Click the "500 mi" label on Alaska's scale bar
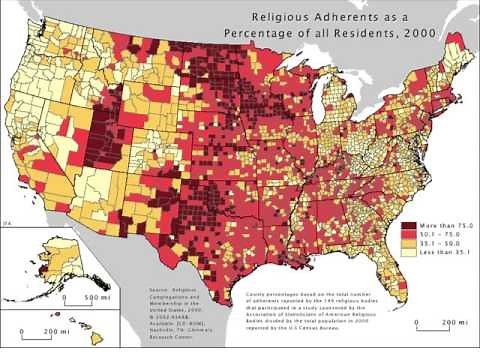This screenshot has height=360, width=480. (x=98, y=298)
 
